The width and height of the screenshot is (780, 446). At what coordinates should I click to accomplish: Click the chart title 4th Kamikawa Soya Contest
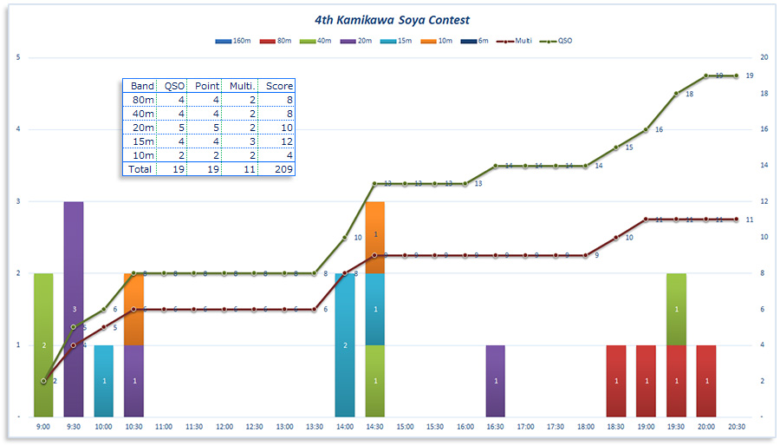tap(393, 19)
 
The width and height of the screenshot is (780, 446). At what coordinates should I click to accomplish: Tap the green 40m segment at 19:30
tap(677, 309)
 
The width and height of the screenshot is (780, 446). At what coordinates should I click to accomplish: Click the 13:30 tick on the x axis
tap(315, 427)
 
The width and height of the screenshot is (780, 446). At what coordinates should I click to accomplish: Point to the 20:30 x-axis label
tap(737, 427)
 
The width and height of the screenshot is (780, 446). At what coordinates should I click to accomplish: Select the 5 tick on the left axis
tap(18, 57)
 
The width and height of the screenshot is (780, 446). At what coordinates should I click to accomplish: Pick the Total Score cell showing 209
tap(278, 169)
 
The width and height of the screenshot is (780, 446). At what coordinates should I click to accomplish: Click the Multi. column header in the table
tap(239, 86)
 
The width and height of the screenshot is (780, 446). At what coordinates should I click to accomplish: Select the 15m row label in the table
tap(141, 141)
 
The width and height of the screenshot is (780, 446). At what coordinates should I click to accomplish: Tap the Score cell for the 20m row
tap(278, 128)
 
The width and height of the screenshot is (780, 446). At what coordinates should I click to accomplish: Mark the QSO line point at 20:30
tap(737, 75)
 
